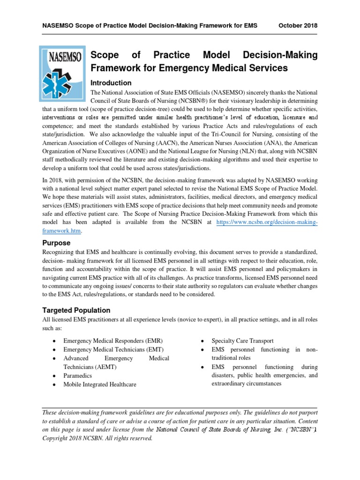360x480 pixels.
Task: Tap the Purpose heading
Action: coord(56,243)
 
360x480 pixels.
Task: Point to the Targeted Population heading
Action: coord(76,310)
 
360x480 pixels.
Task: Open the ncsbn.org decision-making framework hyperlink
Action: coord(266,222)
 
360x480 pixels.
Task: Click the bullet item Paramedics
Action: coord(78,375)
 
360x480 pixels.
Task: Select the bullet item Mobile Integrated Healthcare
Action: coord(100,384)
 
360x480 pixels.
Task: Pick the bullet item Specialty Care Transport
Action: coord(241,340)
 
